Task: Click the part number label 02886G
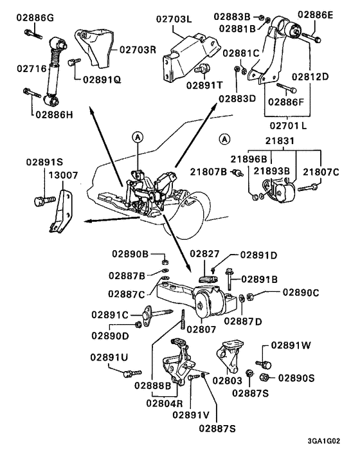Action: [35, 17]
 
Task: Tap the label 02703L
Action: [174, 19]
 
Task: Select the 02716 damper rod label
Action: [32, 69]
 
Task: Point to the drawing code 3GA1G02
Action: [324, 441]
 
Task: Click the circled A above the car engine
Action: [138, 136]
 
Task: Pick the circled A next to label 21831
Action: [224, 140]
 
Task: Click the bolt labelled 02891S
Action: [44, 201]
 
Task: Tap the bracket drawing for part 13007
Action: [61, 211]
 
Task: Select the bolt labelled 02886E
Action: [311, 37]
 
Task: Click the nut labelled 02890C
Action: [250, 296]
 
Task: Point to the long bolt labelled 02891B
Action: [229, 279]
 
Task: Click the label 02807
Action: [201, 329]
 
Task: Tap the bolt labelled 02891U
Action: [132, 373]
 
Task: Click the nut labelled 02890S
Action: [264, 377]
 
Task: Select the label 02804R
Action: [165, 403]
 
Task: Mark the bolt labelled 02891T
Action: [203, 69]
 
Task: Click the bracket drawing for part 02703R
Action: [93, 48]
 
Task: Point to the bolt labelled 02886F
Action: [286, 87]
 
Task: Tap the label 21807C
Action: [321, 172]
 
